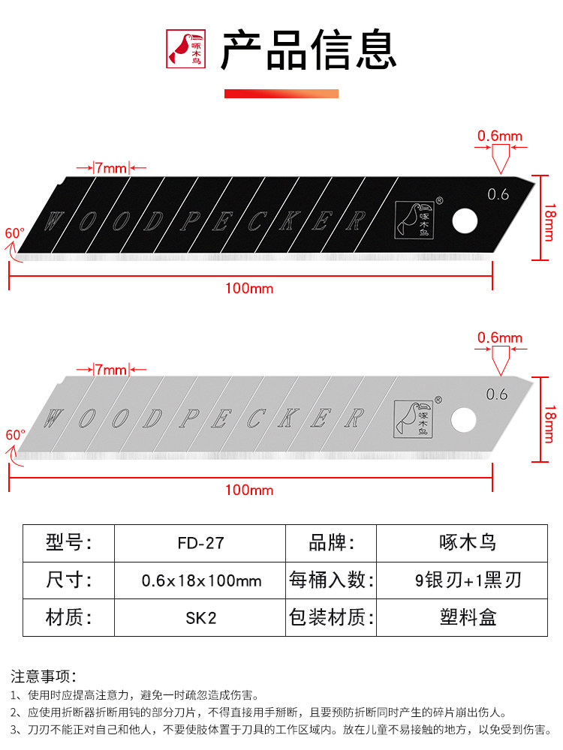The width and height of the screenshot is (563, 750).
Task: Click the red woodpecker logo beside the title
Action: [x=185, y=49]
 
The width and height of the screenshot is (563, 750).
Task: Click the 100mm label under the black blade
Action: [x=250, y=288]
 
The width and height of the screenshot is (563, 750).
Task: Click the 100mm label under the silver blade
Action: [x=250, y=490]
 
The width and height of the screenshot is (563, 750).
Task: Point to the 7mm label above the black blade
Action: [x=111, y=167]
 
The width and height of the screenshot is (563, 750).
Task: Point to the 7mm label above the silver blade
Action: [x=111, y=369]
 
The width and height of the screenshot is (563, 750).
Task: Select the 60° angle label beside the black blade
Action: [x=15, y=232]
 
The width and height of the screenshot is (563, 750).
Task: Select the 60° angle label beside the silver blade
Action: [x=15, y=434]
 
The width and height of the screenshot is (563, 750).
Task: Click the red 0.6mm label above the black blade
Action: [x=500, y=136]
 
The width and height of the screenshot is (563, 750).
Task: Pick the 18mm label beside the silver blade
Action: [x=549, y=422]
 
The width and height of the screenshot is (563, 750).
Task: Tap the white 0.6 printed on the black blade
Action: [x=498, y=195]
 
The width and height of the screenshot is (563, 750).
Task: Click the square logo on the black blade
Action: [x=414, y=218]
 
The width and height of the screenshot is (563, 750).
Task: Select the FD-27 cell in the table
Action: [x=200, y=542]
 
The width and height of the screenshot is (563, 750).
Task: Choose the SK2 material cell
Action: [x=200, y=618]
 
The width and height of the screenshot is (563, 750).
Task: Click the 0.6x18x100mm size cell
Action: [x=200, y=580]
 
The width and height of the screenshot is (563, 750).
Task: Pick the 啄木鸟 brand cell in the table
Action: [x=468, y=542]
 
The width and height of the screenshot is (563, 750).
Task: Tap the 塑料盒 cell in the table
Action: [x=468, y=618]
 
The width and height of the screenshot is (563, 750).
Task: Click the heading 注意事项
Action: [x=44, y=676]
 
